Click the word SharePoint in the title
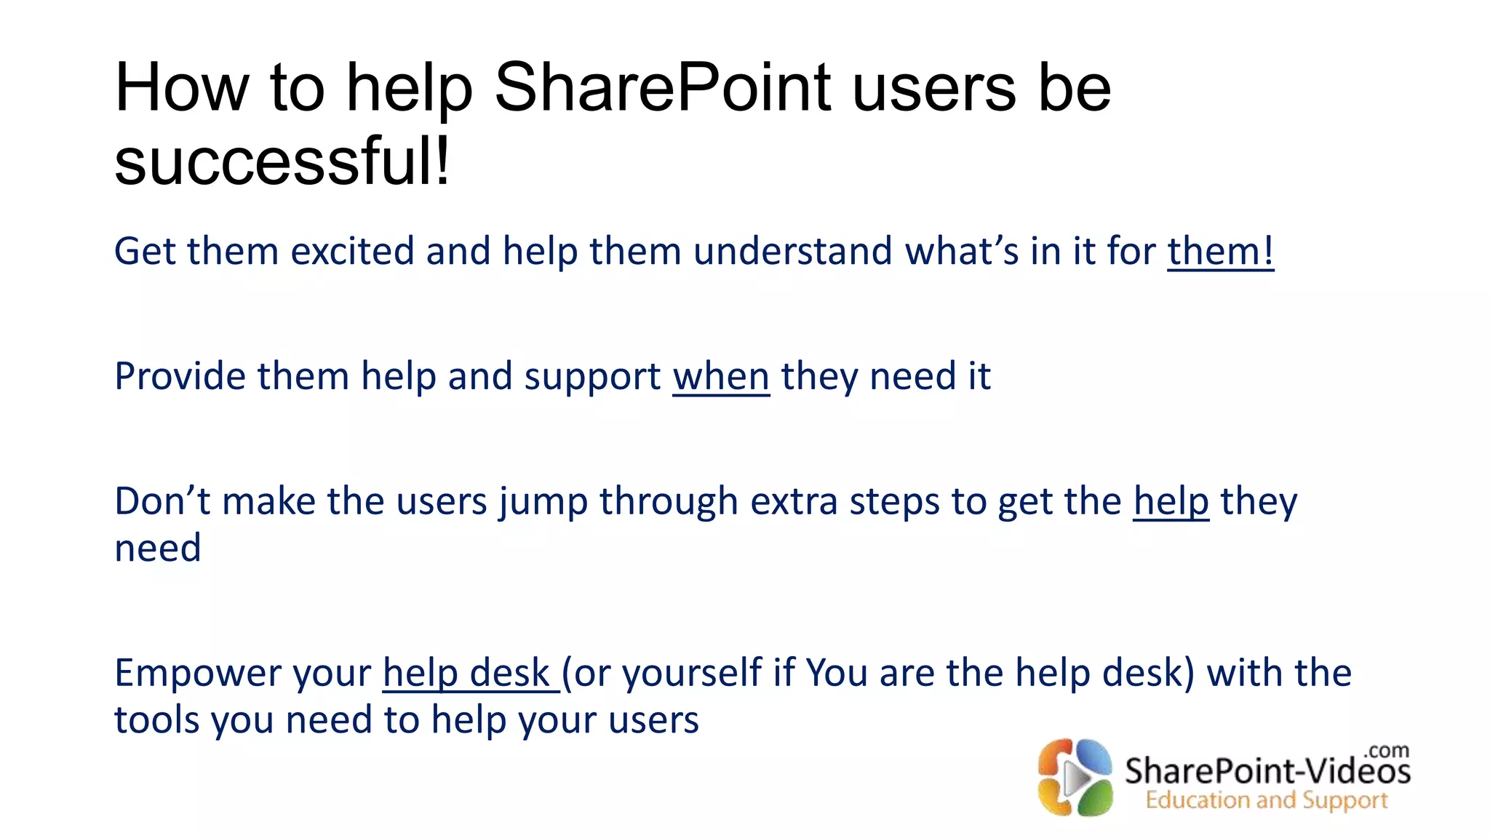662,88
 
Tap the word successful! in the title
282,161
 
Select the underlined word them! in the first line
1220,251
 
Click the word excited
352,251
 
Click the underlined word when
720,377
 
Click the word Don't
162,501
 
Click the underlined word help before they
1171,501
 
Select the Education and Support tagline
1266,800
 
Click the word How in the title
181,88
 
